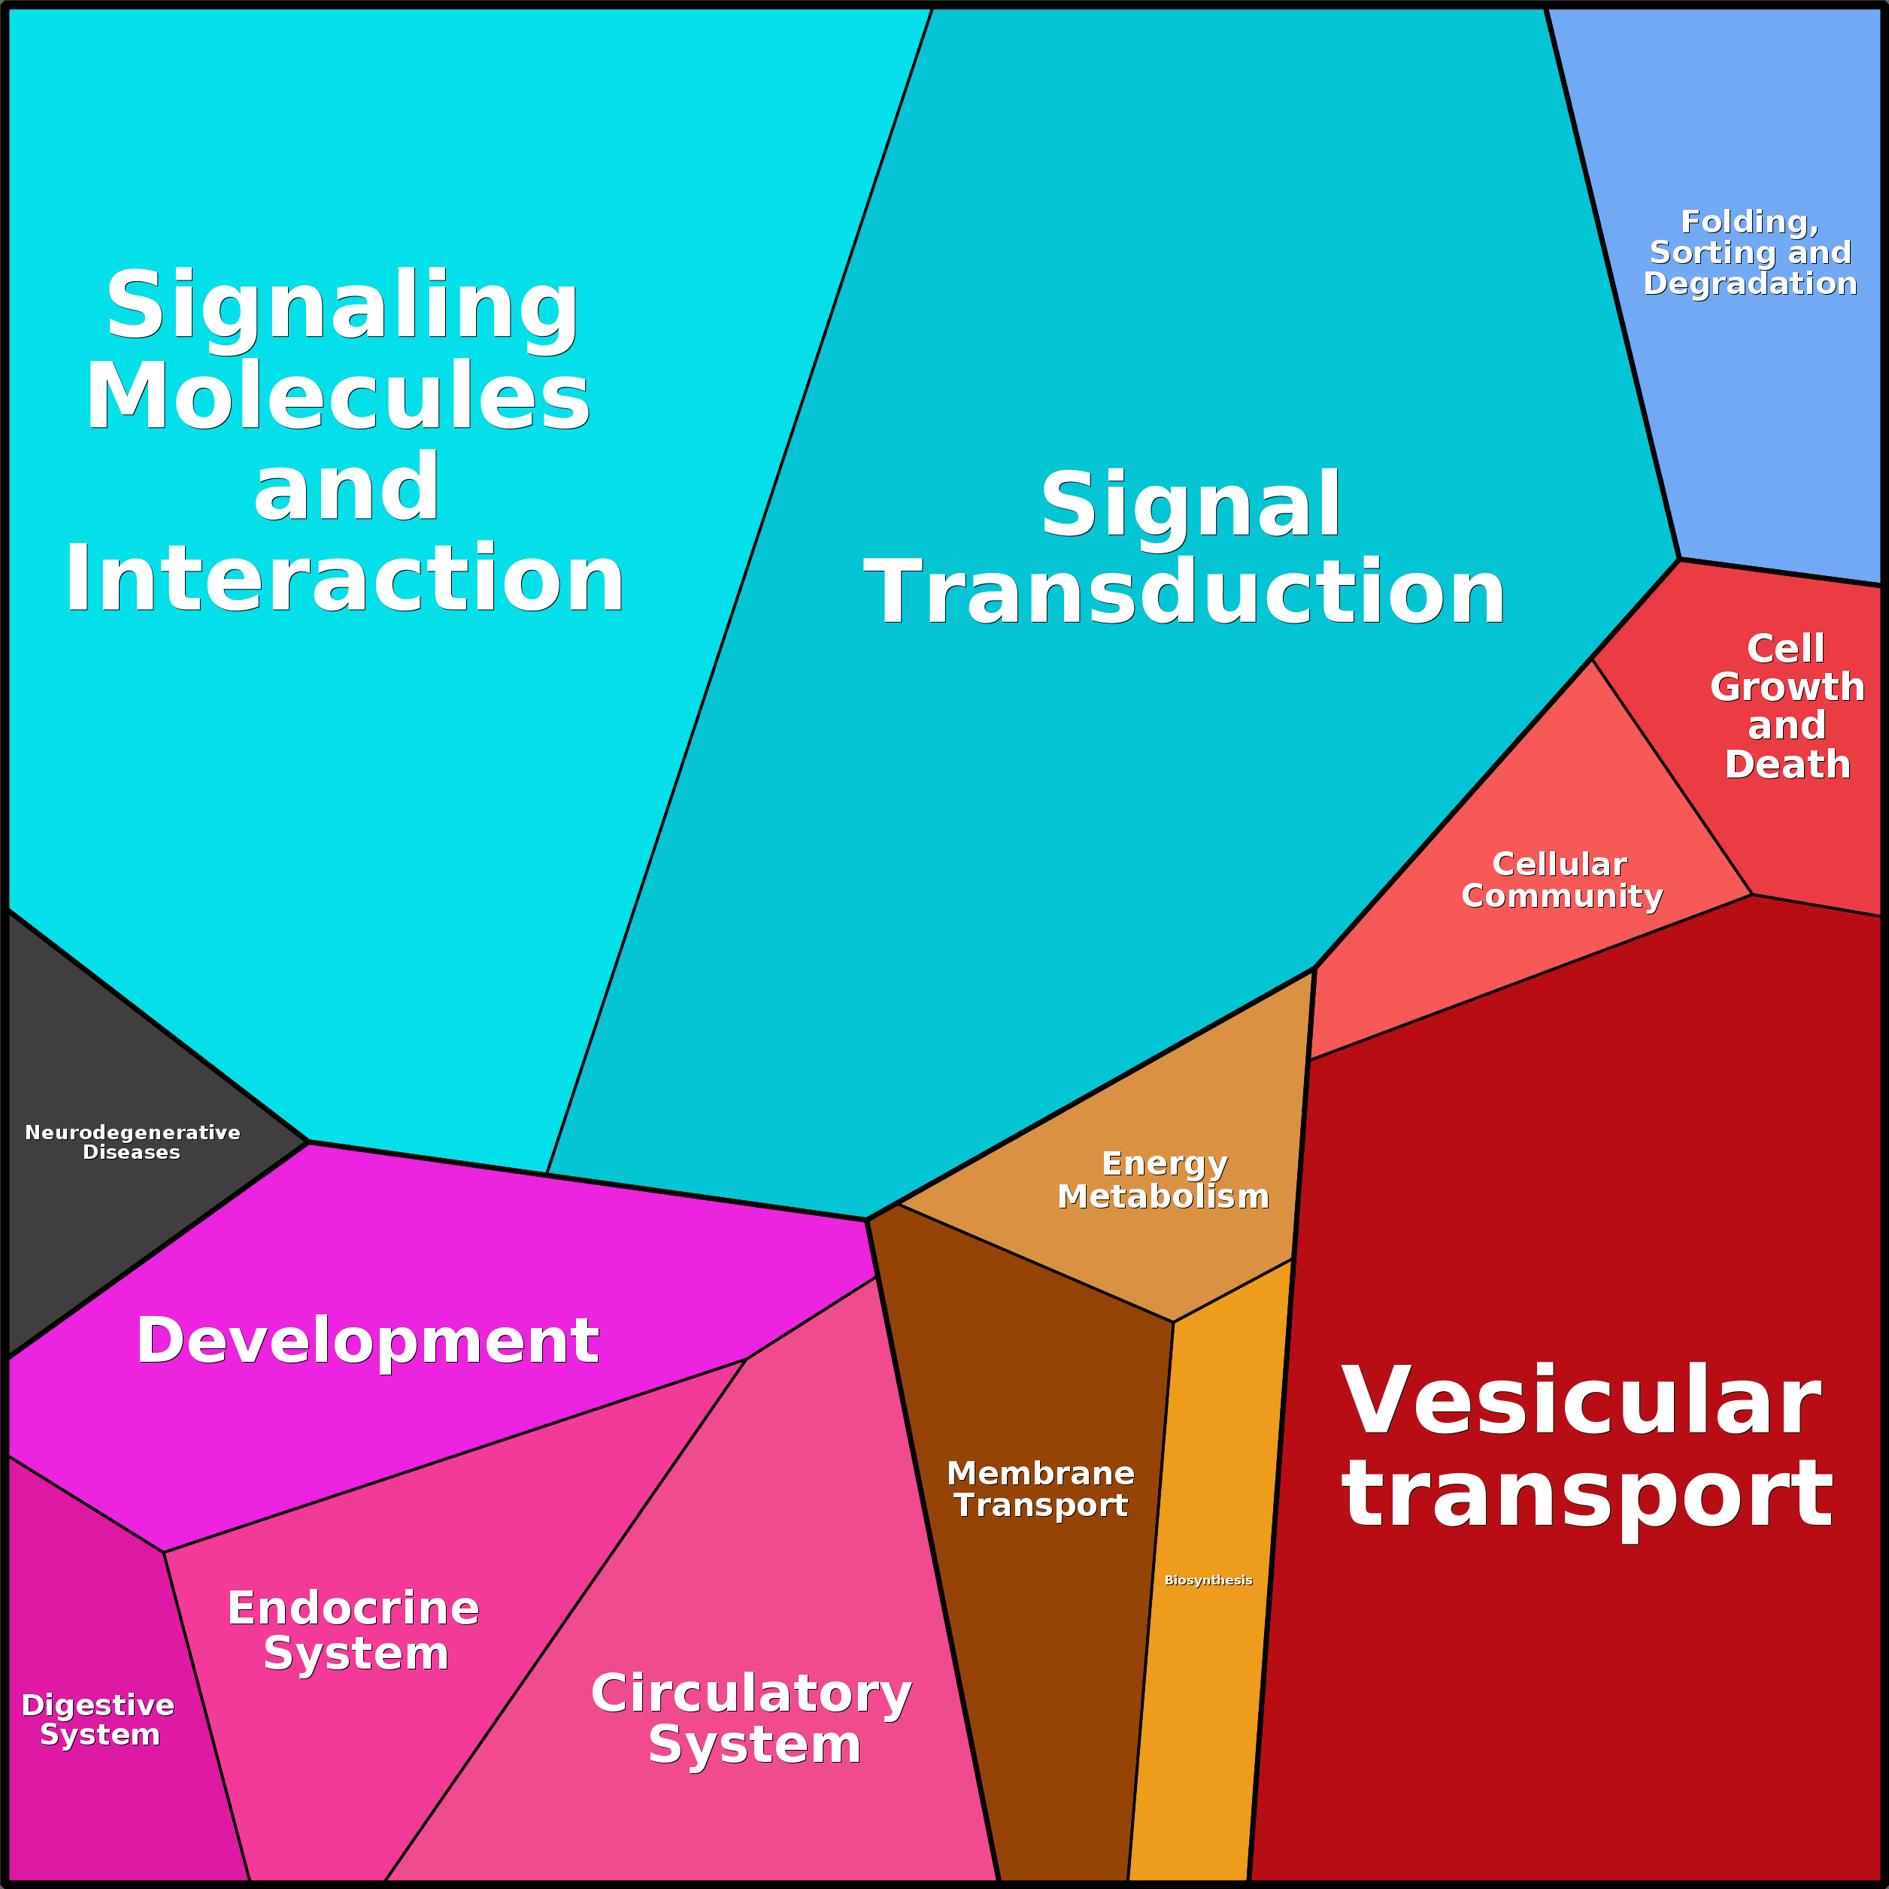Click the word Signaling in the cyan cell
342,306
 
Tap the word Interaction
344,580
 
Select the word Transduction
1184,593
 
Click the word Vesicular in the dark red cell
1581,1401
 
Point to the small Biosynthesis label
1208,1580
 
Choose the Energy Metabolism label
1163,1179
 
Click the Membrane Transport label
1040,1488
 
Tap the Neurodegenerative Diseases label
132,1142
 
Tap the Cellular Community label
1561,880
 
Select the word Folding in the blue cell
1749,222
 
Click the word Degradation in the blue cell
1749,284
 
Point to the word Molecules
338,396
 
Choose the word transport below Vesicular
1587,1493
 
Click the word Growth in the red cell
1787,687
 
